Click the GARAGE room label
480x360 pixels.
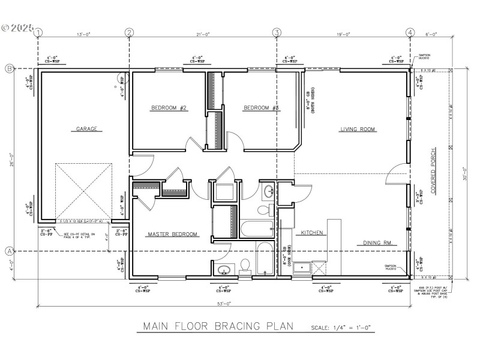click(x=86, y=128)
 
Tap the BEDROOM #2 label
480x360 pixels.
click(x=169, y=108)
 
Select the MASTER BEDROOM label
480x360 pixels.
click(x=173, y=234)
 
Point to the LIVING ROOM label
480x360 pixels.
click(x=358, y=129)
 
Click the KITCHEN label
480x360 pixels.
click(x=312, y=232)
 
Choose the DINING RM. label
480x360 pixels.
click(x=377, y=243)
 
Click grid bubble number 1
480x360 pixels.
click(x=39, y=32)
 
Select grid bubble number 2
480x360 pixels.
click(x=129, y=32)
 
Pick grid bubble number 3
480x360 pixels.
click(x=277, y=32)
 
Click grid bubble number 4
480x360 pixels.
click(x=410, y=32)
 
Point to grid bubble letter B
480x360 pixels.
click(x=10, y=68)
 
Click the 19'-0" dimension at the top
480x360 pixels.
click(x=343, y=35)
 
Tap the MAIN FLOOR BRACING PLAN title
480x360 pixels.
click(x=217, y=326)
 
